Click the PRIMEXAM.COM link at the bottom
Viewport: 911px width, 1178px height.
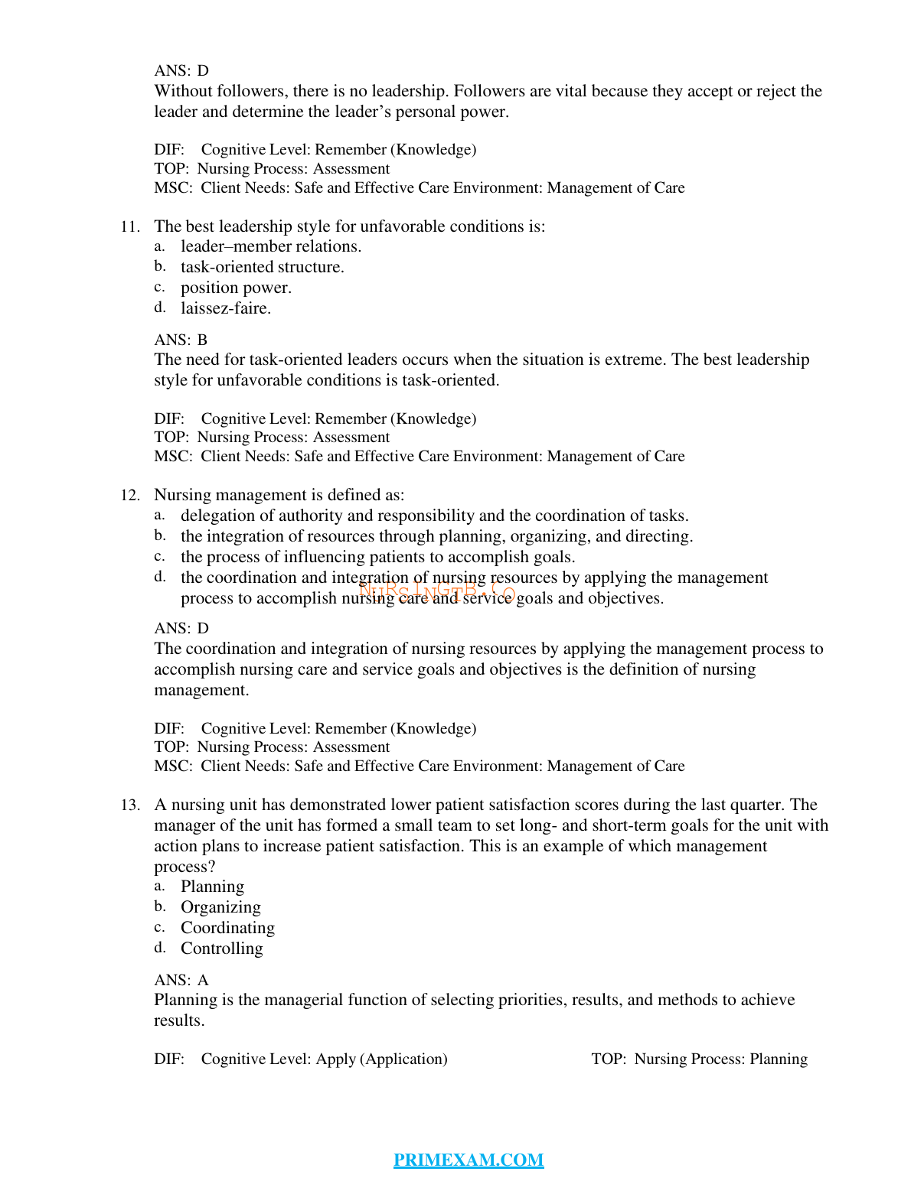coord(468,1160)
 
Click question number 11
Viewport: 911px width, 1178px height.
coord(129,226)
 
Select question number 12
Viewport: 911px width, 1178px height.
coord(129,495)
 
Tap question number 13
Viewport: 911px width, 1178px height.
coord(129,805)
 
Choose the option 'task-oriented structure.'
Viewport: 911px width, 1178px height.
coord(262,267)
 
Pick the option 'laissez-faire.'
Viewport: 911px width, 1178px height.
coord(225,308)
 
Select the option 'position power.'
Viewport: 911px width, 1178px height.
coord(236,288)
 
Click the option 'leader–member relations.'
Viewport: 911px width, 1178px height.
coord(270,246)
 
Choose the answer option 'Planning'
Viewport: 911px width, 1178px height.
coord(212,887)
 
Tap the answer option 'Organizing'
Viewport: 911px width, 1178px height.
coord(220,907)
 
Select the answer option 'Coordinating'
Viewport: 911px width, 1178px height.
coord(227,928)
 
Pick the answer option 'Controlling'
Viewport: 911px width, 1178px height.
coord(221,949)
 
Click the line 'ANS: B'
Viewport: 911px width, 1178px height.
coord(181,340)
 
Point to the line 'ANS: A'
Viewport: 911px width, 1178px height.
coord(181,980)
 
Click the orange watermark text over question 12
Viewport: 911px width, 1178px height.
coord(437,591)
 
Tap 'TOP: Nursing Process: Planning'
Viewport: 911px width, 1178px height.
coord(699,1059)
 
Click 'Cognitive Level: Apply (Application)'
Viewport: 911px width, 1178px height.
coord(324,1059)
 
